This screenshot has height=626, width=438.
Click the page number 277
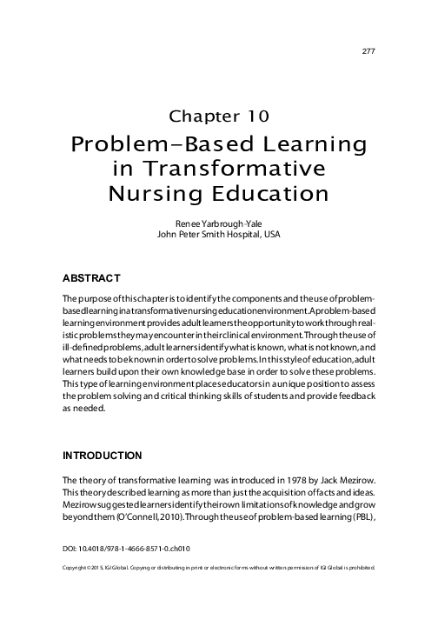[368, 51]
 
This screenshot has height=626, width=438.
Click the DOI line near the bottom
[127, 549]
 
